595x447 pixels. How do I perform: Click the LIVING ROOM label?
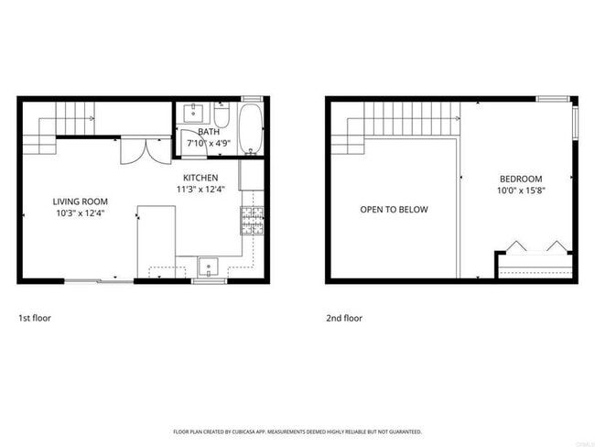[81, 202]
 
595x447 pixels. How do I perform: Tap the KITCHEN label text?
[200, 177]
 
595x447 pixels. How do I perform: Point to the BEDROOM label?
[521, 179]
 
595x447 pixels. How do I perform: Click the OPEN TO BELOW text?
[394, 210]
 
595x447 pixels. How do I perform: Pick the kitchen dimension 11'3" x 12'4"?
[200, 190]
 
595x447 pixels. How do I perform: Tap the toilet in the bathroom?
[222, 116]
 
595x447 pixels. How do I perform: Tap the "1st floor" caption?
[34, 319]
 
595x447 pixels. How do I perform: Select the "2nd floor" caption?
[344, 319]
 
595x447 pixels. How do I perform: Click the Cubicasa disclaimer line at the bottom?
[297, 431]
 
